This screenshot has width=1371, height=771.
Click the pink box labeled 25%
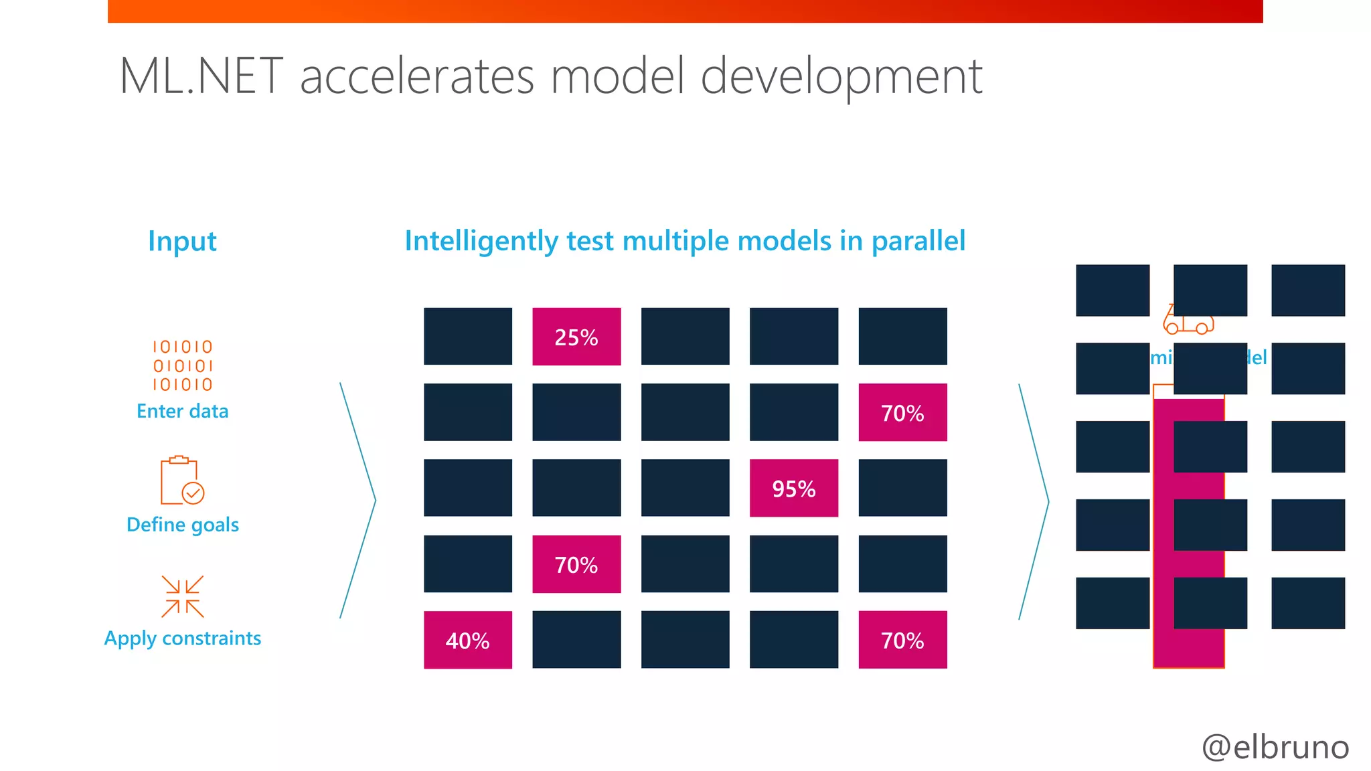[576, 337]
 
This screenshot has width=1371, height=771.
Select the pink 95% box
[793, 488]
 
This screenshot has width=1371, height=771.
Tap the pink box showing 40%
[467, 640]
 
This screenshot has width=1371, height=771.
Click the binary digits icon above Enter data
[182, 365]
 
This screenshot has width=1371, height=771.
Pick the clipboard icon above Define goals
[181, 481]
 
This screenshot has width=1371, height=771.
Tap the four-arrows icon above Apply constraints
[182, 596]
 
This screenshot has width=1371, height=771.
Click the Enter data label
[182, 411]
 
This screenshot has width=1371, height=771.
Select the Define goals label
[182, 525]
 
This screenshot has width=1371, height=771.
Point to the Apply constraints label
[182, 638]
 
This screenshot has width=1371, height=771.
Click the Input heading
[182, 241]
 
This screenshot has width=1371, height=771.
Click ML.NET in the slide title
[201, 76]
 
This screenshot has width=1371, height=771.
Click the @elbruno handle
[1275, 746]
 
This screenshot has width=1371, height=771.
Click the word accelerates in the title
[416, 76]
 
